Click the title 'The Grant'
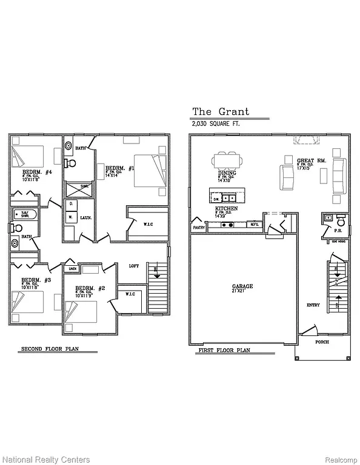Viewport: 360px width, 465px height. [220, 111]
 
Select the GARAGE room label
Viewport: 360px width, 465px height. [242, 286]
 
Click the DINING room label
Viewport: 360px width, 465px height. [228, 173]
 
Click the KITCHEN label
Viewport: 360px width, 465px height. [226, 208]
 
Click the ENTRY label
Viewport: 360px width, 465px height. [313, 305]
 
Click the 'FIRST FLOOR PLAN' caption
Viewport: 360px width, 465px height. [224, 351]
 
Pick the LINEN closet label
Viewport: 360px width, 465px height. [72, 268]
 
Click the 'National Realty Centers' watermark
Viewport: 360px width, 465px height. [46, 460]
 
